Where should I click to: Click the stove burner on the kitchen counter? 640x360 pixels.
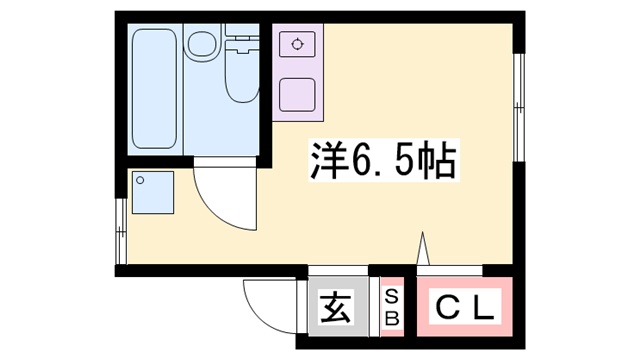[296, 44]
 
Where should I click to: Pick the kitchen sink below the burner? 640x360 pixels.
[297, 93]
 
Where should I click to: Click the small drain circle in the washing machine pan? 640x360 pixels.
[141, 181]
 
